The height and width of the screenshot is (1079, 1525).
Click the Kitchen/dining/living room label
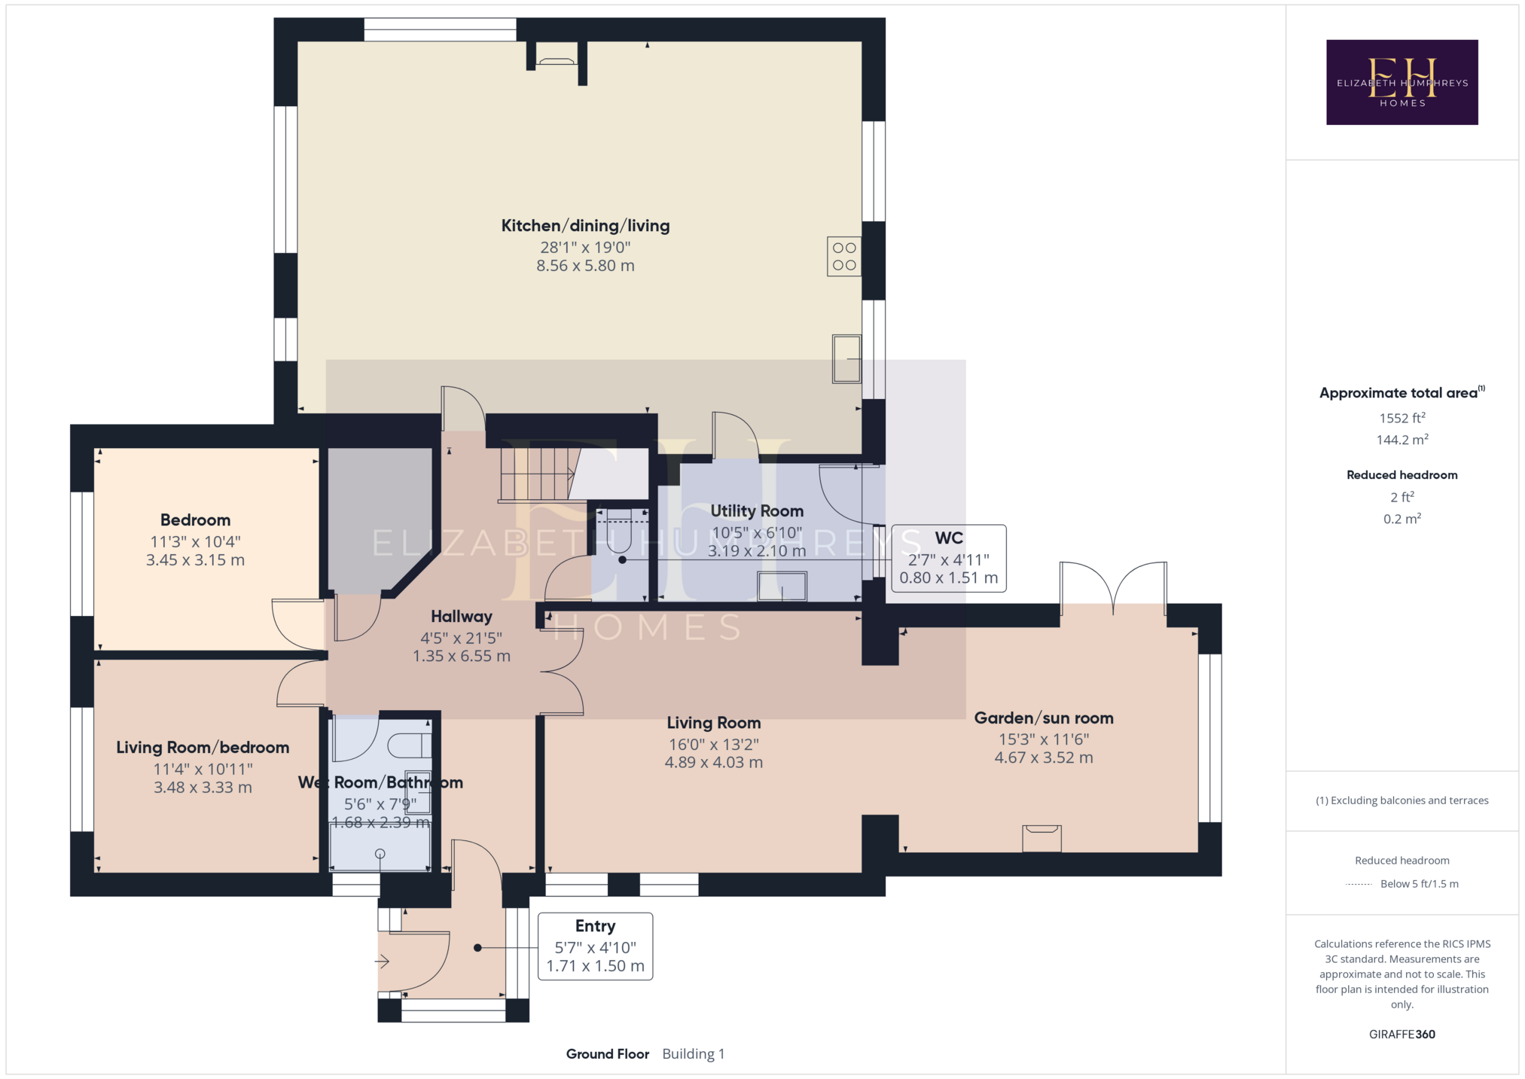pos(585,226)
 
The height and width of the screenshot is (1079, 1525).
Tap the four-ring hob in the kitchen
pos(844,257)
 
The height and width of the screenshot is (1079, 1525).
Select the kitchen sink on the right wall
pos(846,358)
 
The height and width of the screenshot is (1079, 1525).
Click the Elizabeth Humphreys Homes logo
pos(1401,82)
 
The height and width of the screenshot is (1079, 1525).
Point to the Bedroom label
pos(195,520)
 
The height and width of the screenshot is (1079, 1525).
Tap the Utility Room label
pos(757,511)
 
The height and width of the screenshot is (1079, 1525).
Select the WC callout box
pos(949,558)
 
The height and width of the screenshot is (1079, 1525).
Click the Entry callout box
pos(595,946)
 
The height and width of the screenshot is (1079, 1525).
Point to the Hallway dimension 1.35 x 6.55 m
pos(462,657)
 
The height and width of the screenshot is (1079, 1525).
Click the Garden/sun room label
pos(1044,718)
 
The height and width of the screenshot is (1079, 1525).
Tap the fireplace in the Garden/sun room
pos(1042,838)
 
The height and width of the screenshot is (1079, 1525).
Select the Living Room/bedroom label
pos(203,748)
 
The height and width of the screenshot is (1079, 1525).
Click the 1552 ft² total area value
pos(1402,418)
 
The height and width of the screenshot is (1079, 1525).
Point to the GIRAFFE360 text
pos(1402,1035)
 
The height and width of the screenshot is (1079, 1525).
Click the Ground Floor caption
pos(608,1054)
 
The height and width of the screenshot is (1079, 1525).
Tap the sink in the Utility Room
pos(782,587)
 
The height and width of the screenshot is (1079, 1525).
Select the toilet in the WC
pos(619,529)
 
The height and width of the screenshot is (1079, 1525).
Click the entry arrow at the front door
pos(382,962)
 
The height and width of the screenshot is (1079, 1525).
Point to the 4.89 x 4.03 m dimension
pos(714,763)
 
